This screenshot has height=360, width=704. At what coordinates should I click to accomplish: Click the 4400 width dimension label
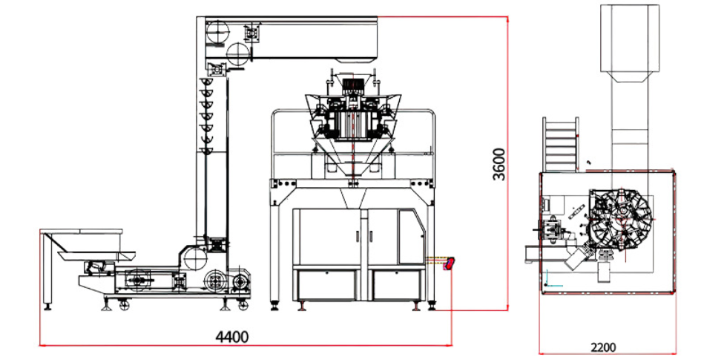coord(232,337)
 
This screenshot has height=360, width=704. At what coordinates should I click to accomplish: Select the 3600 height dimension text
coord(499,164)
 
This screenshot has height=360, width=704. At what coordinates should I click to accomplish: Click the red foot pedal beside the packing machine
coord(449,264)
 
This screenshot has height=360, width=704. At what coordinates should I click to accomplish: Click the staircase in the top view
coord(561,144)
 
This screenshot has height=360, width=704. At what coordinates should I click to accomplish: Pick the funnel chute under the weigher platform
coord(353,197)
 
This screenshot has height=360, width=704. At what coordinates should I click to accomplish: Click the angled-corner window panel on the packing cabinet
coord(410,235)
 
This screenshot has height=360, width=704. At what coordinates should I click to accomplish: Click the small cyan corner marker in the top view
coord(547,281)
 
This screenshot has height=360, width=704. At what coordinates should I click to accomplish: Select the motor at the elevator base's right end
coord(241,282)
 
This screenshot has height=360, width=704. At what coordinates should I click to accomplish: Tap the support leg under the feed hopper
coord(49,275)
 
